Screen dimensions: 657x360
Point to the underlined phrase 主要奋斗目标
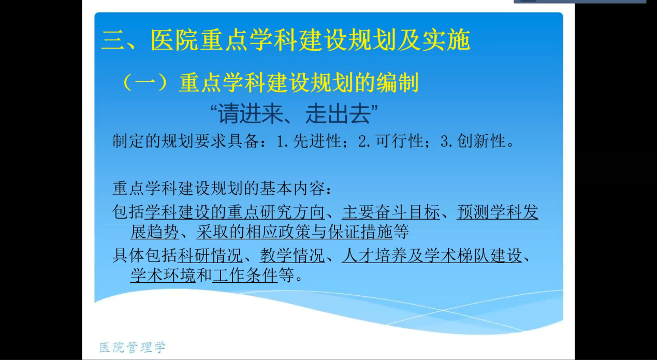point(391,212)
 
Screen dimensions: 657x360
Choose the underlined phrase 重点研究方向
point(276,212)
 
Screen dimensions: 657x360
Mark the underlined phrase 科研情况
point(210,255)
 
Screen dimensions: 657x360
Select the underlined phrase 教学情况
point(292,255)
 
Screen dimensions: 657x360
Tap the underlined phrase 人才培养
point(374,255)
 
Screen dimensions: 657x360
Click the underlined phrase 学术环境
point(163,275)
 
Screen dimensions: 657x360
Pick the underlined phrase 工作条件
point(245,275)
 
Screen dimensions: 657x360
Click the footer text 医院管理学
point(133,348)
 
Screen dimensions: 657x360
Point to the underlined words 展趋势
point(155,232)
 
